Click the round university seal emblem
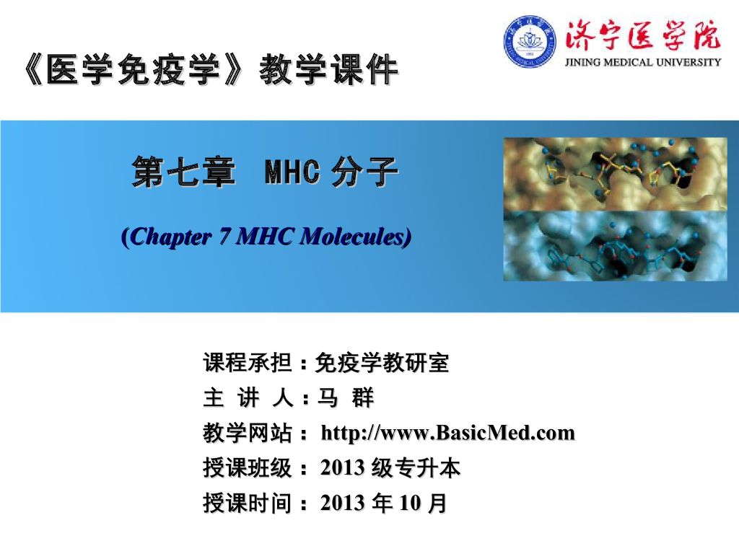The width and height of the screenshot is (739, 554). coord(530,42)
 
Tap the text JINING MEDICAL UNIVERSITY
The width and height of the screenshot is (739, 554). coord(642,62)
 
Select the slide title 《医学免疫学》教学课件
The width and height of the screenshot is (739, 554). coord(210,72)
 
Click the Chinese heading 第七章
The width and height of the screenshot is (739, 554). coord(183,173)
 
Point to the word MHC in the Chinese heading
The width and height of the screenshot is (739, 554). coord(292,173)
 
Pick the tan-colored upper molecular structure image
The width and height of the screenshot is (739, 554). coord(615,174)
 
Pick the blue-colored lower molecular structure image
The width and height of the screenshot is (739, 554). coord(615,247)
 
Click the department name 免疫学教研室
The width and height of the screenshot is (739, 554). coord(382,363)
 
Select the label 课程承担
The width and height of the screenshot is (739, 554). coord(247,363)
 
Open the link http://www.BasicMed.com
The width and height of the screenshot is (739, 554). coord(447,433)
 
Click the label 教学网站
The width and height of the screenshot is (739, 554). coord(247,434)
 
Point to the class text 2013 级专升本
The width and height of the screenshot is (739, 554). coord(390,468)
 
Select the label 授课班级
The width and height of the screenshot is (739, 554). coord(247,468)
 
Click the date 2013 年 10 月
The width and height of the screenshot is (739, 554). coord(382,503)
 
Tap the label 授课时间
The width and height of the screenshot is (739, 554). coord(247,503)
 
